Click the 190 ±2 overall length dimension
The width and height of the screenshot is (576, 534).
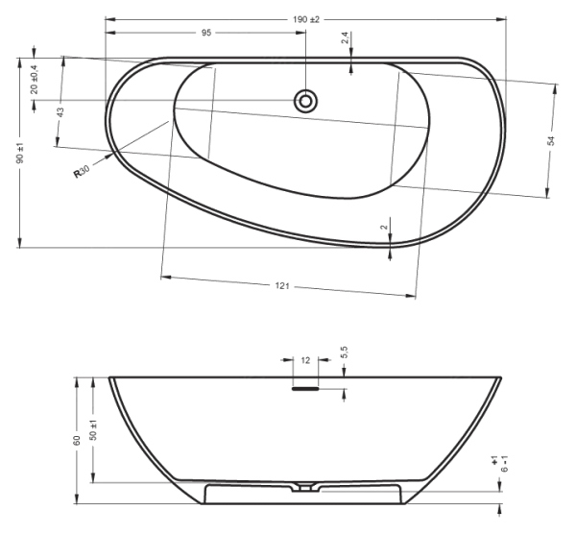click(x=306, y=19)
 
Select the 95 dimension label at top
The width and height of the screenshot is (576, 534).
click(x=206, y=33)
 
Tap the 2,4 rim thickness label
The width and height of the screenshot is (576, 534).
click(x=345, y=37)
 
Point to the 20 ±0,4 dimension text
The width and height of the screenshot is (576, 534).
click(x=35, y=79)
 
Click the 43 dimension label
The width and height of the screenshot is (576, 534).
click(x=60, y=112)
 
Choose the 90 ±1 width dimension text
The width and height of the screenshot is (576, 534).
click(x=20, y=153)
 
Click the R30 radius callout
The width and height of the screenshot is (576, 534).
click(x=82, y=172)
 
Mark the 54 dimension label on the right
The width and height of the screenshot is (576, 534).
click(x=551, y=141)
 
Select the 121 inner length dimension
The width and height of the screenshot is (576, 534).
click(x=282, y=285)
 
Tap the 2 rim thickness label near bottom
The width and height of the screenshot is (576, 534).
click(x=384, y=228)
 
